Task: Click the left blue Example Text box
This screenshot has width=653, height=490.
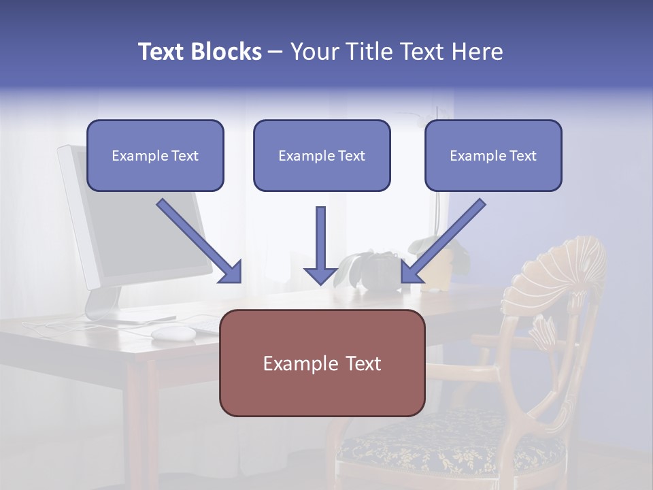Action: [155, 155]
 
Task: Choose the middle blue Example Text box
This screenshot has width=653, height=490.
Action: [322, 155]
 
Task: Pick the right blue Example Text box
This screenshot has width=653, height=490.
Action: [493, 155]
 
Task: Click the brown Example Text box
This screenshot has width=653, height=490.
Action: [322, 363]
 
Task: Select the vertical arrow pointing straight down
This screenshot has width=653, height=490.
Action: [321, 245]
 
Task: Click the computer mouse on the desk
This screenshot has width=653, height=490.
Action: [173, 333]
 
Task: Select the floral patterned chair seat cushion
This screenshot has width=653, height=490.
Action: [449, 446]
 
